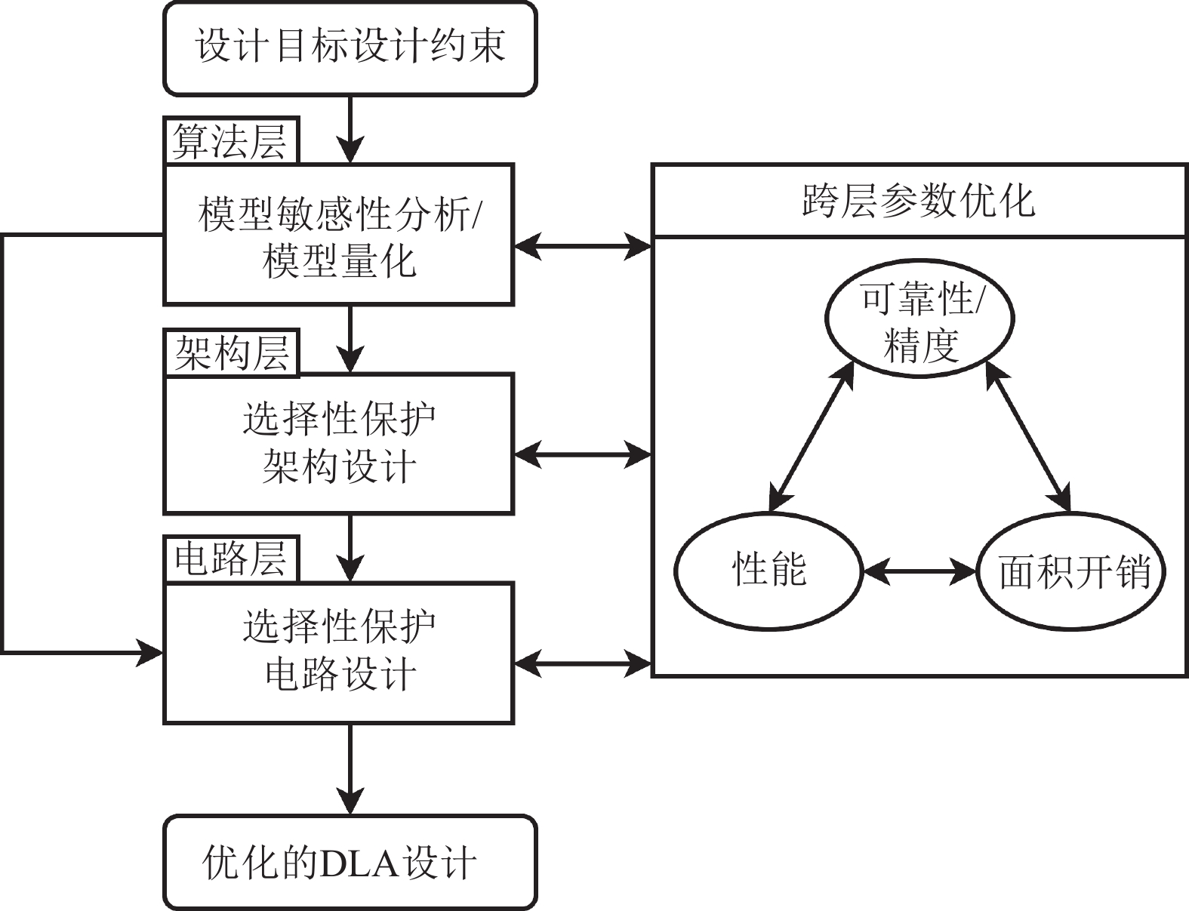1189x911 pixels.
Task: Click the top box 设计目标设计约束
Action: pos(350,48)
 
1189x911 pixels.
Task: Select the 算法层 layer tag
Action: pos(231,140)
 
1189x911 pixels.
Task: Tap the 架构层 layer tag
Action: pos(231,352)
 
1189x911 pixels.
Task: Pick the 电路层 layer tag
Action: pos(231,560)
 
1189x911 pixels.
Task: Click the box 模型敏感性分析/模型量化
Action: pos(339,235)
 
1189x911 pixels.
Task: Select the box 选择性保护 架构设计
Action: pos(339,443)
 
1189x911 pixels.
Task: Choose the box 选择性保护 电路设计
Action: pos(339,653)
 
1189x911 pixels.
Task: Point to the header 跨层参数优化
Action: pos(919,202)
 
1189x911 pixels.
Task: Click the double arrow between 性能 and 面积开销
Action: pos(919,572)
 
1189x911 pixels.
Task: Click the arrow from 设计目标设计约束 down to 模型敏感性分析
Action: pos(350,128)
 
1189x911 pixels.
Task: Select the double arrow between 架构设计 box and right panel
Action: pos(582,454)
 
